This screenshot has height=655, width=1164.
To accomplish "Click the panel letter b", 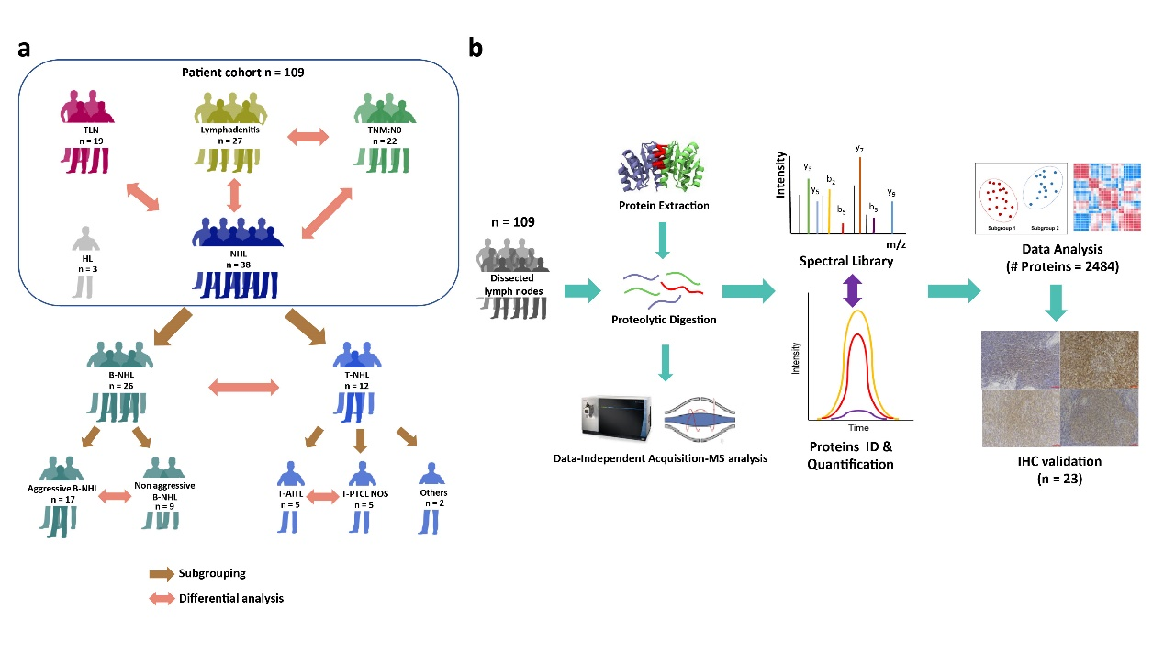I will click(x=476, y=49).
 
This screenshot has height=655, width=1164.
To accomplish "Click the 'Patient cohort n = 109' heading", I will click(x=236, y=73).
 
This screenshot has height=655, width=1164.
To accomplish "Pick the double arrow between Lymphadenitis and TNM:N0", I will click(x=308, y=138).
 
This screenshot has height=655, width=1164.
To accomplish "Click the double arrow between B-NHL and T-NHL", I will click(x=244, y=388).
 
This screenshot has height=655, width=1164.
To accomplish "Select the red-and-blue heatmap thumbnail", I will click(x=1105, y=196).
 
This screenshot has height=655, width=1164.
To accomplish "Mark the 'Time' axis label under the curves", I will click(x=858, y=428).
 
